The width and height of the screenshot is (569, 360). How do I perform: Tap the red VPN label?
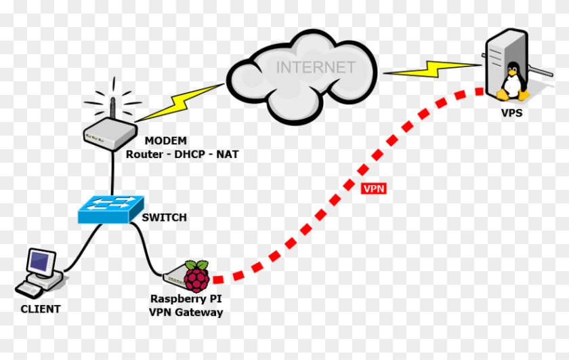(x=374, y=189)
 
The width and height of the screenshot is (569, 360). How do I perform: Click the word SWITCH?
(x=164, y=218)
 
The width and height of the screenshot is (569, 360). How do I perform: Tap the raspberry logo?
(x=197, y=275)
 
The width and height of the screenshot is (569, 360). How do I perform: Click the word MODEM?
(x=165, y=141)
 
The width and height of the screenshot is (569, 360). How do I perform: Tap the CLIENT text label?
(x=41, y=309)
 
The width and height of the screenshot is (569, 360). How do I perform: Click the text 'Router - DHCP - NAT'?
(x=182, y=154)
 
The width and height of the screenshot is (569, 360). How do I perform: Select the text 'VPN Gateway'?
(x=186, y=312)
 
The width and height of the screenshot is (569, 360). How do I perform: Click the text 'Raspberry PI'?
(x=186, y=299)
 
